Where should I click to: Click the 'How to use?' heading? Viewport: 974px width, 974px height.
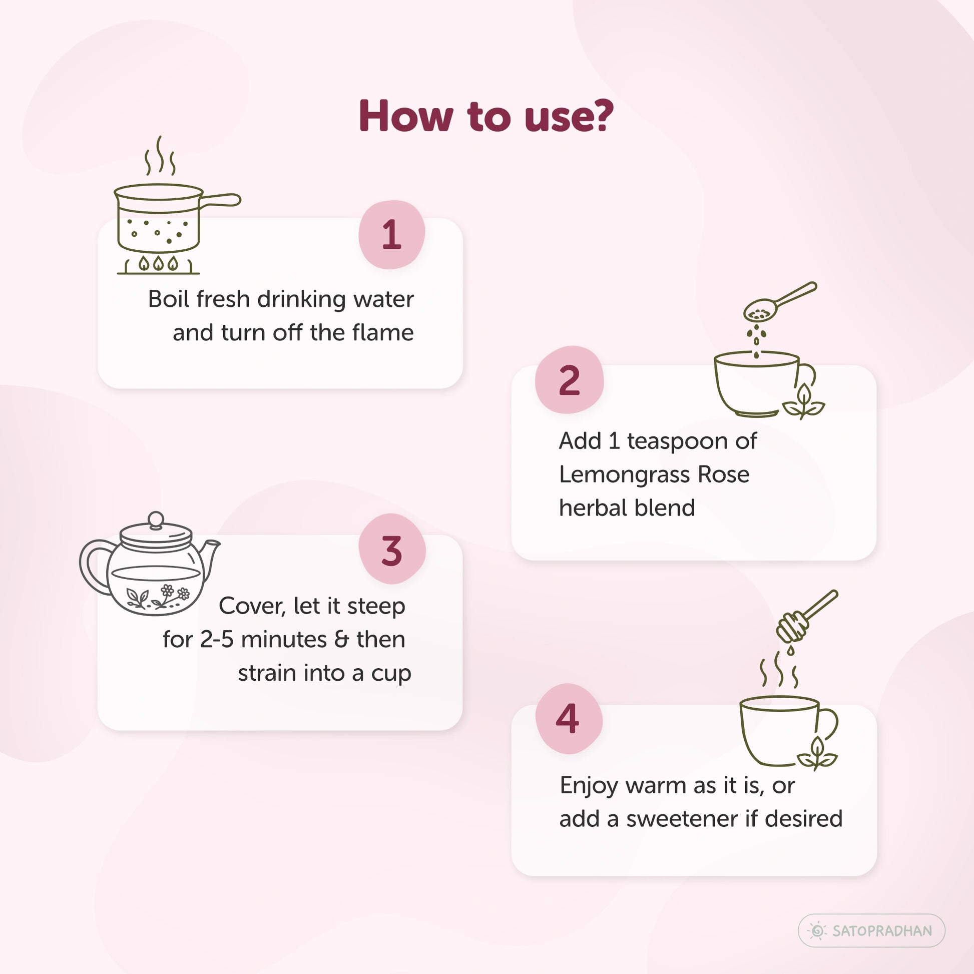(x=486, y=117)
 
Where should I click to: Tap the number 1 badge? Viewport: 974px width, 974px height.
(x=392, y=234)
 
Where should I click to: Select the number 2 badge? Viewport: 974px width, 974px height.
(x=569, y=379)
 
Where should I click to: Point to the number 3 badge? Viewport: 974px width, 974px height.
(x=392, y=549)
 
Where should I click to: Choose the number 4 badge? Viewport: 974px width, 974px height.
(x=568, y=718)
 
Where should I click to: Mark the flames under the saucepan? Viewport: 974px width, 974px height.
(x=158, y=263)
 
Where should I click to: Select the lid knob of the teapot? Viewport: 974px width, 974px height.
(x=156, y=520)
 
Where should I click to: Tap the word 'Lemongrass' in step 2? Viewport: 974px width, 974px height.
(x=623, y=475)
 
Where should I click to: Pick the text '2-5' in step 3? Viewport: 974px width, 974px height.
(x=217, y=640)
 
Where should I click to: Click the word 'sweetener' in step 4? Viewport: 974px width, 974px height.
(x=682, y=819)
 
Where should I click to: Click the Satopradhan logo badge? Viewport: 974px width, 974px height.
(x=871, y=930)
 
